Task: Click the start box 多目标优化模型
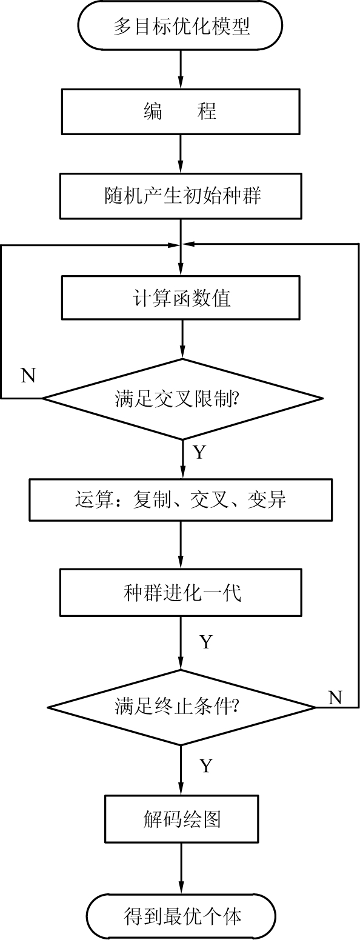pos(181,25)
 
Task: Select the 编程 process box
pos(181,111)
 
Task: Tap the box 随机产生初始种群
pos(181,196)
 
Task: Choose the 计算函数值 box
pos(181,298)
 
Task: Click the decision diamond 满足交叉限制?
pos(183,399)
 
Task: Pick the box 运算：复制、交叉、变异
pos(181,500)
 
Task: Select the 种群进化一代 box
pos(181,593)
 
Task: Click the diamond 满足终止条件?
pos(181,707)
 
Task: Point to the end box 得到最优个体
pos(182,916)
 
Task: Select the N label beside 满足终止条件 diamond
pos(335,697)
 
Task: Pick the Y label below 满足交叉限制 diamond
pos(199,452)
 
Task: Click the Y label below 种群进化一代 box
pos(205,642)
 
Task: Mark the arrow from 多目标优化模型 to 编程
pos(181,70)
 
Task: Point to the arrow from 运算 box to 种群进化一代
pos(181,545)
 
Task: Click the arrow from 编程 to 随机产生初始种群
pos(181,154)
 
